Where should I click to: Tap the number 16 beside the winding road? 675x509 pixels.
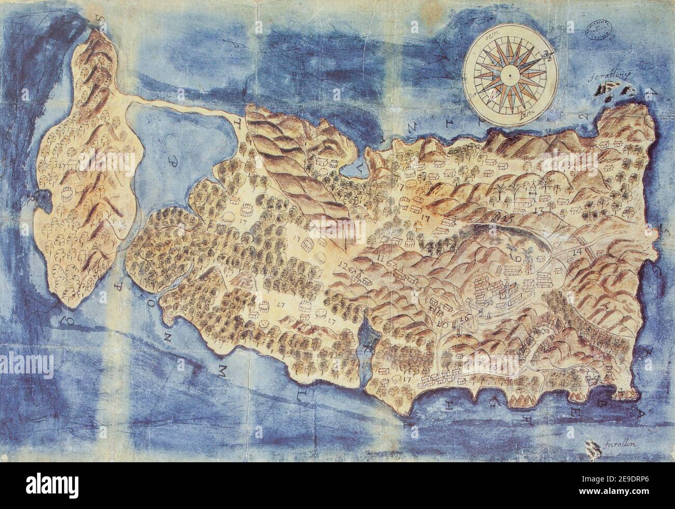point(464,317)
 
